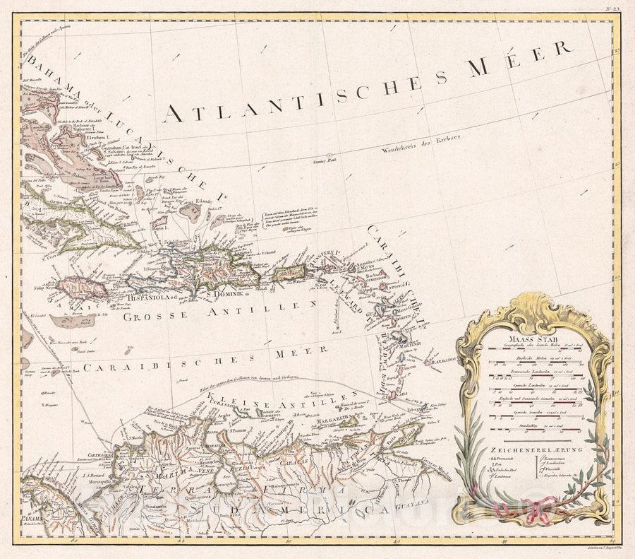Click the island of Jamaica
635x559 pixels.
click(82, 287)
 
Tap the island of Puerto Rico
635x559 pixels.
click(289, 272)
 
